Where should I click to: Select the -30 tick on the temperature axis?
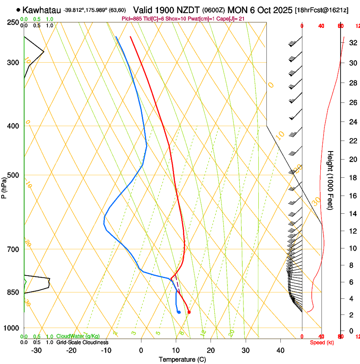click(x=37, y=350)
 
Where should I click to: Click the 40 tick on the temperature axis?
click(x=280, y=350)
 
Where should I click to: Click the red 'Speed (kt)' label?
click(x=322, y=342)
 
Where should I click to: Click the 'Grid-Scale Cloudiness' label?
click(x=82, y=342)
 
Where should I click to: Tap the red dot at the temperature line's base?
click(x=189, y=312)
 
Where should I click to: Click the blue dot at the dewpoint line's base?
click(x=179, y=312)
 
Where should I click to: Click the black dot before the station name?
click(x=18, y=9)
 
